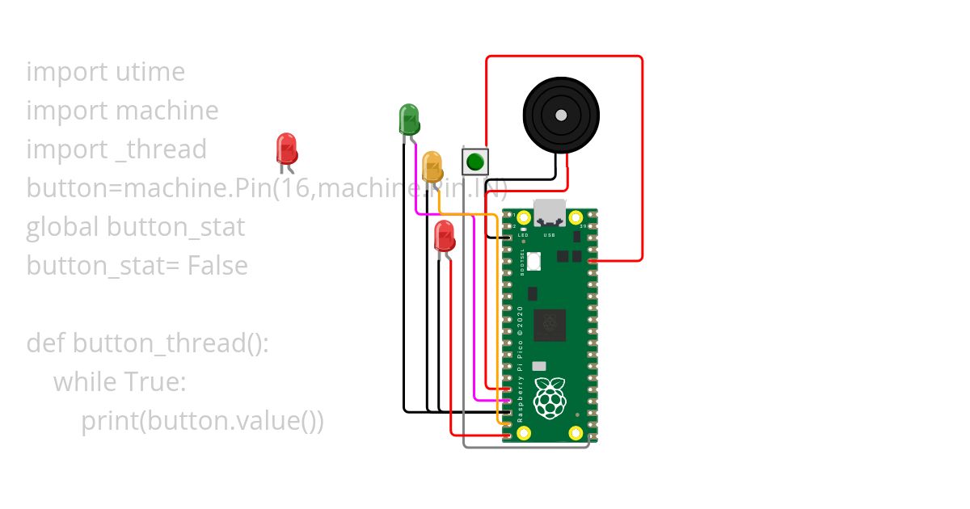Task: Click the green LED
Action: (409, 120)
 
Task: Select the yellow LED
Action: (432, 166)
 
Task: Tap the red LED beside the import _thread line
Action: (286, 149)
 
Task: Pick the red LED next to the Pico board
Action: (444, 236)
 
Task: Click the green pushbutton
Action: (475, 161)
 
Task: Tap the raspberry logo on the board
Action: (550, 398)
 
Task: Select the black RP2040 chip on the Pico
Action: (550, 325)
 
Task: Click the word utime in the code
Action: (150, 72)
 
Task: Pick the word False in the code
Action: (217, 266)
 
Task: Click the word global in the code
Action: (63, 227)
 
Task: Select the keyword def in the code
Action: (46, 343)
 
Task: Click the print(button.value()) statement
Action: (202, 421)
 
